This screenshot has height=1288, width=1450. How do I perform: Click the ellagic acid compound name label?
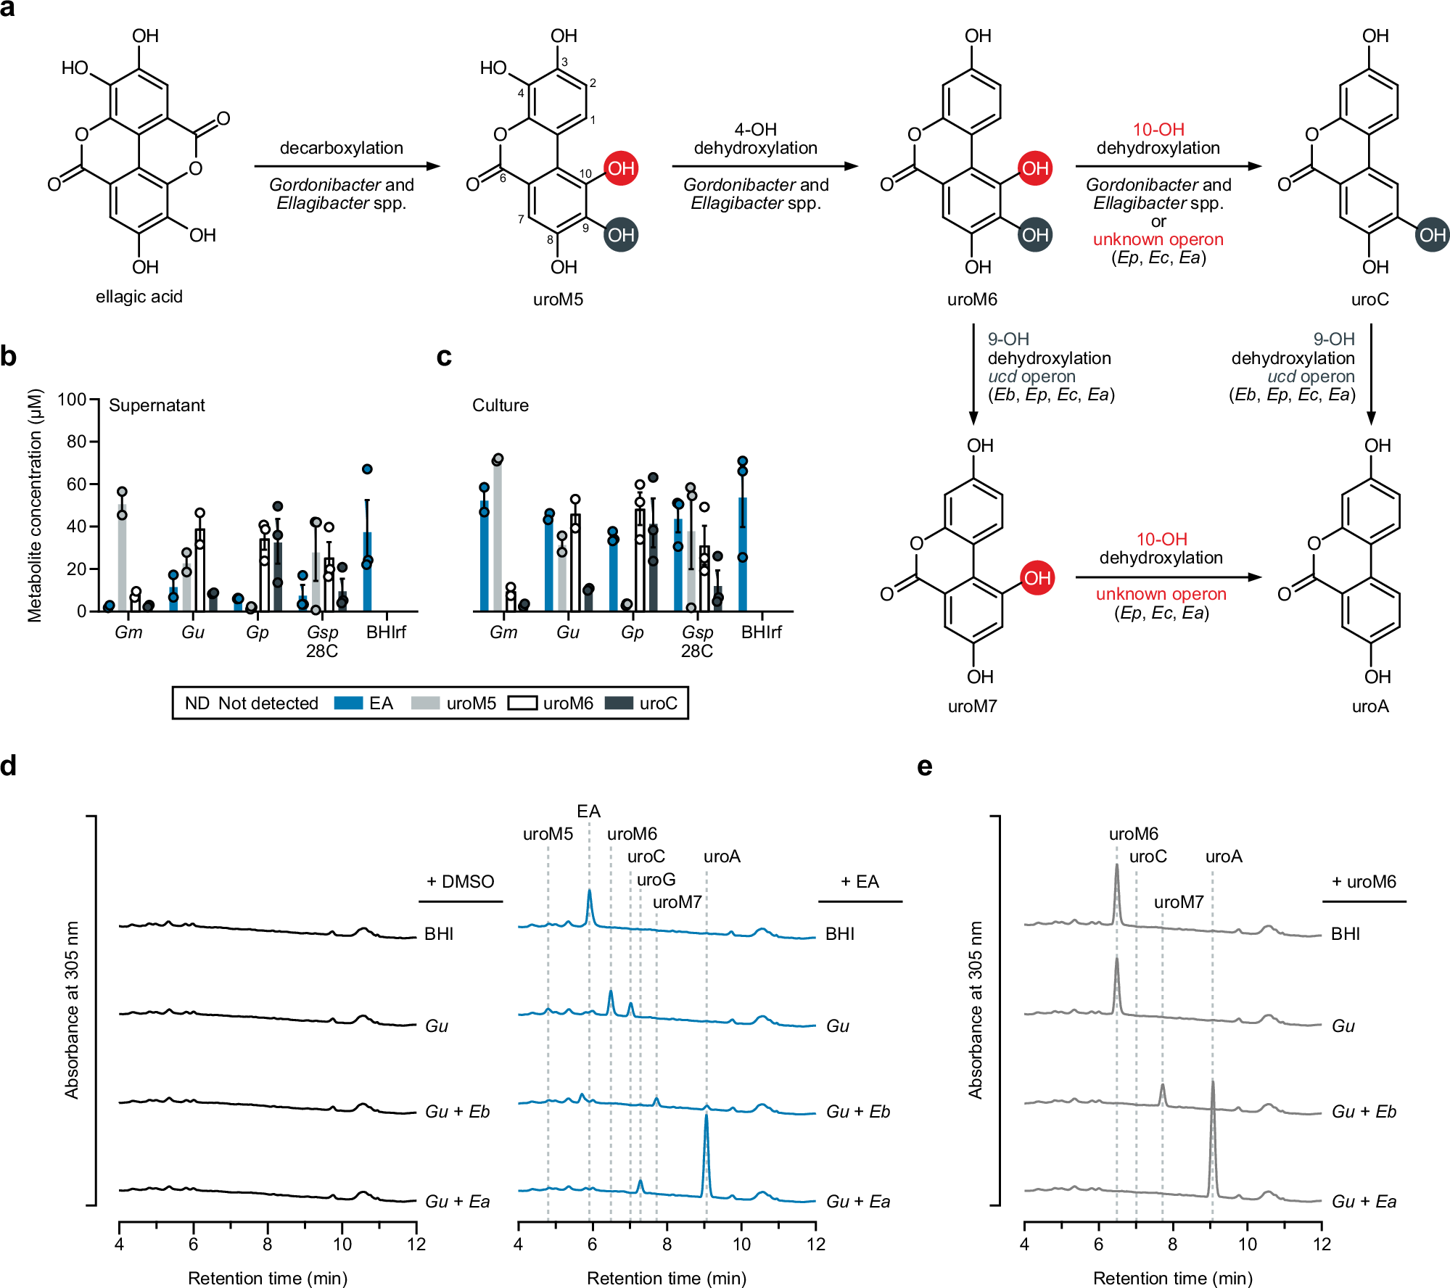coord(139,297)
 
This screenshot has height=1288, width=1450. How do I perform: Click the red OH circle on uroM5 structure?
coord(621,168)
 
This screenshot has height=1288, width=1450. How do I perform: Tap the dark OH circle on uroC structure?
coord(1432,235)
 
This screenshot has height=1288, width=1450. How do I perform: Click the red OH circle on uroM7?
coord(1037,578)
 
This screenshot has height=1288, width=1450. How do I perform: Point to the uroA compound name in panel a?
coord(1369,706)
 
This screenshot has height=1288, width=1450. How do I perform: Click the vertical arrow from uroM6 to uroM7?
coord(973,373)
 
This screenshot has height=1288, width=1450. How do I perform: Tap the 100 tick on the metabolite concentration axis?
coord(73,400)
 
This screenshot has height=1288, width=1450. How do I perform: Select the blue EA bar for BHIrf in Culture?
coord(742,555)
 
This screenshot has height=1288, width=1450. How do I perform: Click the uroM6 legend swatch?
coord(522,703)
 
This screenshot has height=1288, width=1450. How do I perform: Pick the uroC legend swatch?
coord(619,703)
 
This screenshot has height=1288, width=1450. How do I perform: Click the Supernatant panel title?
coord(157,405)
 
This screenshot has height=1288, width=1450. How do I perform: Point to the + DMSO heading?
coord(460,882)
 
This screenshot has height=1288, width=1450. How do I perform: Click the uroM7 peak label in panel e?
coord(1178,902)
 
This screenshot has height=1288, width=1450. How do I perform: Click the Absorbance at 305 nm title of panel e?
coord(975,1010)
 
